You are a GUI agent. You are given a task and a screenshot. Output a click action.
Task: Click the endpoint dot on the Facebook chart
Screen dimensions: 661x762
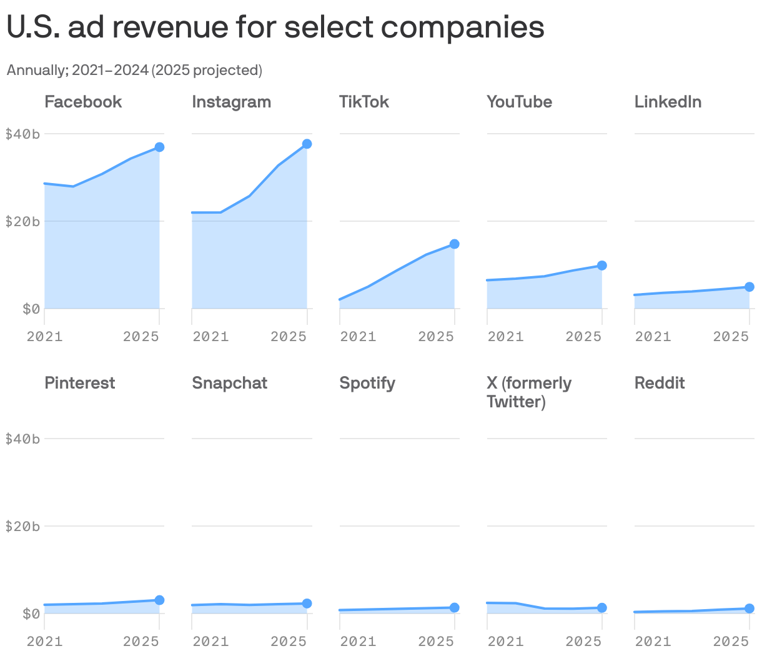coord(159,147)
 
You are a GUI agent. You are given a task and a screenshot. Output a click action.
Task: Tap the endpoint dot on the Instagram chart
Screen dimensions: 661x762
coord(307,144)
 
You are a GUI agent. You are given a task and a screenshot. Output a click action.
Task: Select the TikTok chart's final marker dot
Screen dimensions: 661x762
coord(454,244)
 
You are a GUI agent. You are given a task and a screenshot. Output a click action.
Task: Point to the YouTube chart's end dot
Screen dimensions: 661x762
coord(601,266)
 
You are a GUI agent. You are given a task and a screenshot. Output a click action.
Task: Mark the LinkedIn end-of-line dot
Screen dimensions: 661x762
coord(749,287)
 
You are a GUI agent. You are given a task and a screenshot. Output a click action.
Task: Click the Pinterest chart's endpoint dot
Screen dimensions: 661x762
coord(159,600)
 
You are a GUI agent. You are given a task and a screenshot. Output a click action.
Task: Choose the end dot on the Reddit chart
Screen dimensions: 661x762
coord(749,609)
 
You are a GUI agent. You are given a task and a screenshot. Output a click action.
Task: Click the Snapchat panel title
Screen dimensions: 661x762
coord(229,383)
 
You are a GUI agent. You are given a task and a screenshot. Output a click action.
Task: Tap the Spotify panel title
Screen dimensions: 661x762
coord(367,383)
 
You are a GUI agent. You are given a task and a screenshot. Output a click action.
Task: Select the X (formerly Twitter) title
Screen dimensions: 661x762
coord(528,392)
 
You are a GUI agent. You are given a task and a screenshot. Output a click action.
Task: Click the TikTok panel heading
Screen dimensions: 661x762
coord(364,102)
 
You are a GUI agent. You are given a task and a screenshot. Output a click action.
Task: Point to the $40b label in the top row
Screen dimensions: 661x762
coord(22,134)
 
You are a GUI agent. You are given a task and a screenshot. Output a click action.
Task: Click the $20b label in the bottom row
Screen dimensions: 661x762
coord(22,526)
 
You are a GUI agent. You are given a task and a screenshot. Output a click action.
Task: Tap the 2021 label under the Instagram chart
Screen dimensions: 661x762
coord(210,337)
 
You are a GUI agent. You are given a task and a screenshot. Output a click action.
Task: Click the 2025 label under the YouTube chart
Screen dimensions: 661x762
coord(583,337)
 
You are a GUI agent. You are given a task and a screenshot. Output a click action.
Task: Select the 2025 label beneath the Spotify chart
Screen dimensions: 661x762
coord(435,642)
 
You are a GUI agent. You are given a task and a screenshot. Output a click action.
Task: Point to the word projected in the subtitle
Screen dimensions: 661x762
coord(225,70)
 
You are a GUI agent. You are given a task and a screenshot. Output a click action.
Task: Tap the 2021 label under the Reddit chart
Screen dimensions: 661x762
coord(653,642)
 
